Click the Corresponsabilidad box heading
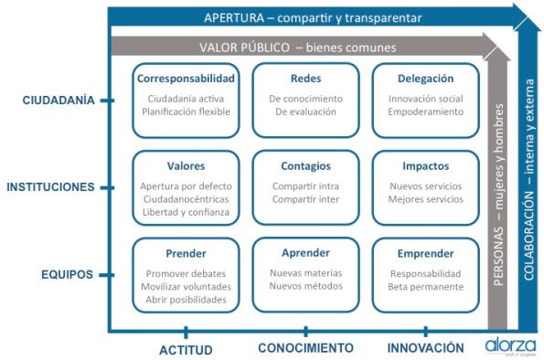186,79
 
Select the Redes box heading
305,79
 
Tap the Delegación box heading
425,79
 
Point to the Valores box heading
186,166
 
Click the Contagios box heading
305,166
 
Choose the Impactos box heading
425,166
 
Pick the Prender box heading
186,253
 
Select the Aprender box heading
305,253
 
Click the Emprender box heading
425,253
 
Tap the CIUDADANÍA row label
59,101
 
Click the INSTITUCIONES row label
50,187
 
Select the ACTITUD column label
186,348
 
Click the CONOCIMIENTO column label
305,348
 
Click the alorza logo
507,345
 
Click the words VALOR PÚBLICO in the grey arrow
240,46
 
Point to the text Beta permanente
426,287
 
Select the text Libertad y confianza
186,212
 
